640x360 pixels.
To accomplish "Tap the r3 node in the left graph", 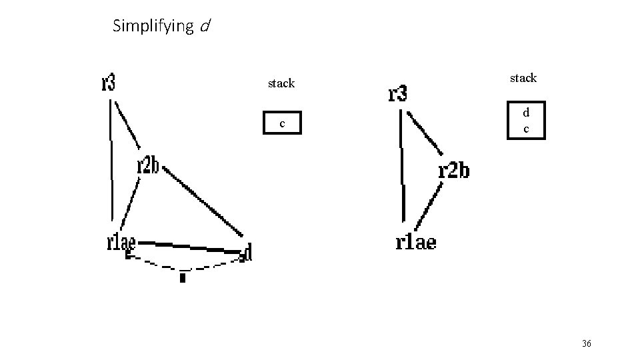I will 109,83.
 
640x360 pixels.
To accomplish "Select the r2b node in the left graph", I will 148,165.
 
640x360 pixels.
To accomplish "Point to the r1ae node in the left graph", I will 121,242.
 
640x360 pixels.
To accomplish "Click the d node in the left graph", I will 248,252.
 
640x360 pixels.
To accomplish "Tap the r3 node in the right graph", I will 397,94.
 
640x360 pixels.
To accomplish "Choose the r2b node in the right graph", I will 453,171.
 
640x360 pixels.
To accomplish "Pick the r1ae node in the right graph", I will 416,241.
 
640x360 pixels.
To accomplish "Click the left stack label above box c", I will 281,83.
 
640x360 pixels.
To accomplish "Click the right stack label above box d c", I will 523,78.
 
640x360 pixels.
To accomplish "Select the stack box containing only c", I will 282,123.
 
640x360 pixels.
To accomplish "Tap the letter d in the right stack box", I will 526,113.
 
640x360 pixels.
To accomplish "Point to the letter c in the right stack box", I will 526,128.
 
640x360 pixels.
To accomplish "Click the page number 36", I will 587,343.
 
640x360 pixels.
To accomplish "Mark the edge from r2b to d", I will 203,201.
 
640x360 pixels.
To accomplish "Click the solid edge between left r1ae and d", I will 190,245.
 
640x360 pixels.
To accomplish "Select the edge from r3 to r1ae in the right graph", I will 402,167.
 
